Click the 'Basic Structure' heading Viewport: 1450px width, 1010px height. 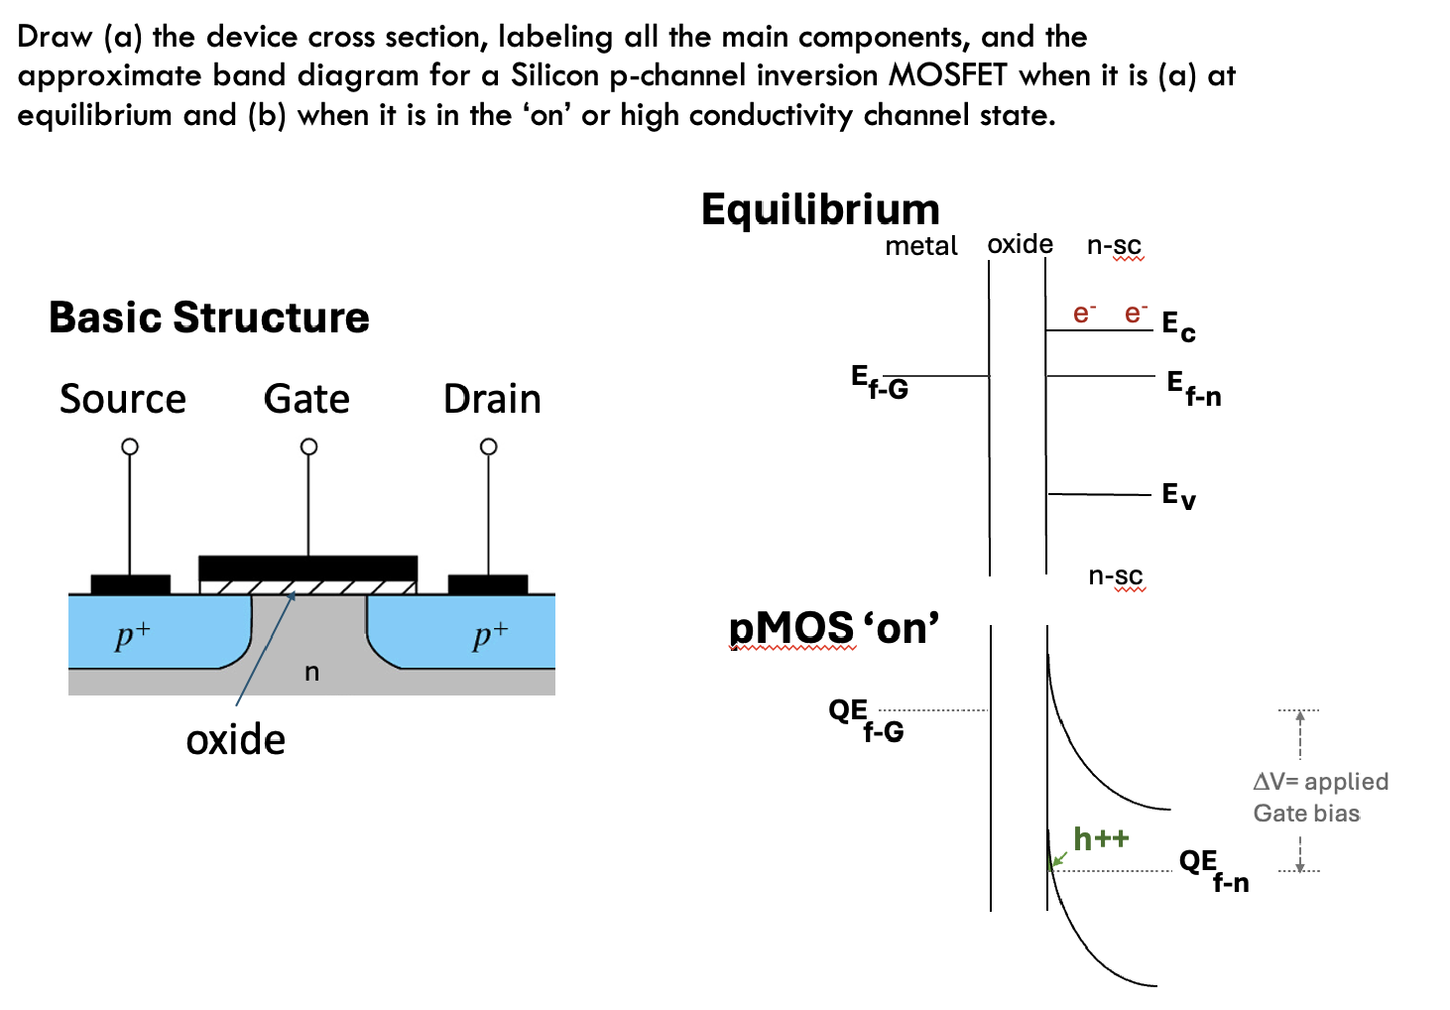click(208, 317)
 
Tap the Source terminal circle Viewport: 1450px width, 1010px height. click(130, 446)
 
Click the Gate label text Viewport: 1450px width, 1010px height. click(306, 399)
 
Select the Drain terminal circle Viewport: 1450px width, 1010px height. click(488, 446)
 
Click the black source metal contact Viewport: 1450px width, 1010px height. click(130, 584)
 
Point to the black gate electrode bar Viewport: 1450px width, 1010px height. click(307, 568)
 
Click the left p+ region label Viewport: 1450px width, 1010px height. click(132, 634)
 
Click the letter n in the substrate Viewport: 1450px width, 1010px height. click(311, 673)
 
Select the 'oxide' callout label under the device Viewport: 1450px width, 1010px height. click(235, 740)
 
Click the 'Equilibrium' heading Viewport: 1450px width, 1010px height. click(820, 210)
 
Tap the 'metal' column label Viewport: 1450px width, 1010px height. click(920, 246)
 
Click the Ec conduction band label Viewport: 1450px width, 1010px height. click(1178, 325)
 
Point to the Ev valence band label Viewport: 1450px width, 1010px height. click(1178, 495)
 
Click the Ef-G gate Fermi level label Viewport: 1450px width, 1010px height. click(879, 382)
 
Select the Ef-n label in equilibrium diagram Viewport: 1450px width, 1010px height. click(1193, 388)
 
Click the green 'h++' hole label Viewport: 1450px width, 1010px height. click(1101, 839)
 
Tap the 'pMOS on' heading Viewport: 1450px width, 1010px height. click(833, 628)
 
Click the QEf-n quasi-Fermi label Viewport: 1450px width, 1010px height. click(1213, 870)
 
